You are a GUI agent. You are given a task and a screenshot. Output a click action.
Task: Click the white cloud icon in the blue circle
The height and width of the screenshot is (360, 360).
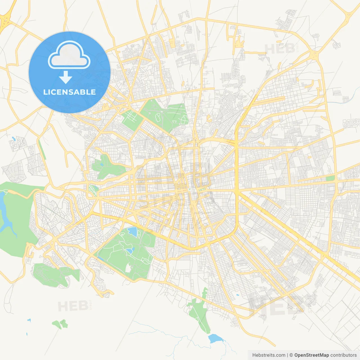(69, 55)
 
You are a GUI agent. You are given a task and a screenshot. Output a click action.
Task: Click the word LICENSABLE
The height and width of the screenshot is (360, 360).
(69, 92)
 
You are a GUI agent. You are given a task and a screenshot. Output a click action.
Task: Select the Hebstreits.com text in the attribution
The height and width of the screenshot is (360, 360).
(269, 355)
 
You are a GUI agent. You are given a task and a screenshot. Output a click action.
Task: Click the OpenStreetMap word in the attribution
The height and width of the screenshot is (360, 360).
(311, 355)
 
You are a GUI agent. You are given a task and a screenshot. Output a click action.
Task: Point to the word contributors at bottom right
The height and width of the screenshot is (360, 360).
(343, 355)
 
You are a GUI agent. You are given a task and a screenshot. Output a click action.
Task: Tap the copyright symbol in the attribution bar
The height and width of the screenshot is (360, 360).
(291, 355)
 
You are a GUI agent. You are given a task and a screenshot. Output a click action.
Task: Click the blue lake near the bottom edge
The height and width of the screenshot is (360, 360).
(215, 338)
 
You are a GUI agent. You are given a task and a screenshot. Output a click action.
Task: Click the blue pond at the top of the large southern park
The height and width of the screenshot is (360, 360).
(132, 232)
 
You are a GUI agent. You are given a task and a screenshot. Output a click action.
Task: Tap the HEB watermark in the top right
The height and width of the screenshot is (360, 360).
(280, 49)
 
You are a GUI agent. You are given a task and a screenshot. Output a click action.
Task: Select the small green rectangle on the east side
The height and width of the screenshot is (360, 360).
(330, 178)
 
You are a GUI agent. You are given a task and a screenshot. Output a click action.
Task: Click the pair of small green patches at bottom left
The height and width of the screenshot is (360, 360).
(60, 324)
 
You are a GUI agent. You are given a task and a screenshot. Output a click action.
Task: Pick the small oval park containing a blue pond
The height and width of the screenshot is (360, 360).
(93, 190)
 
